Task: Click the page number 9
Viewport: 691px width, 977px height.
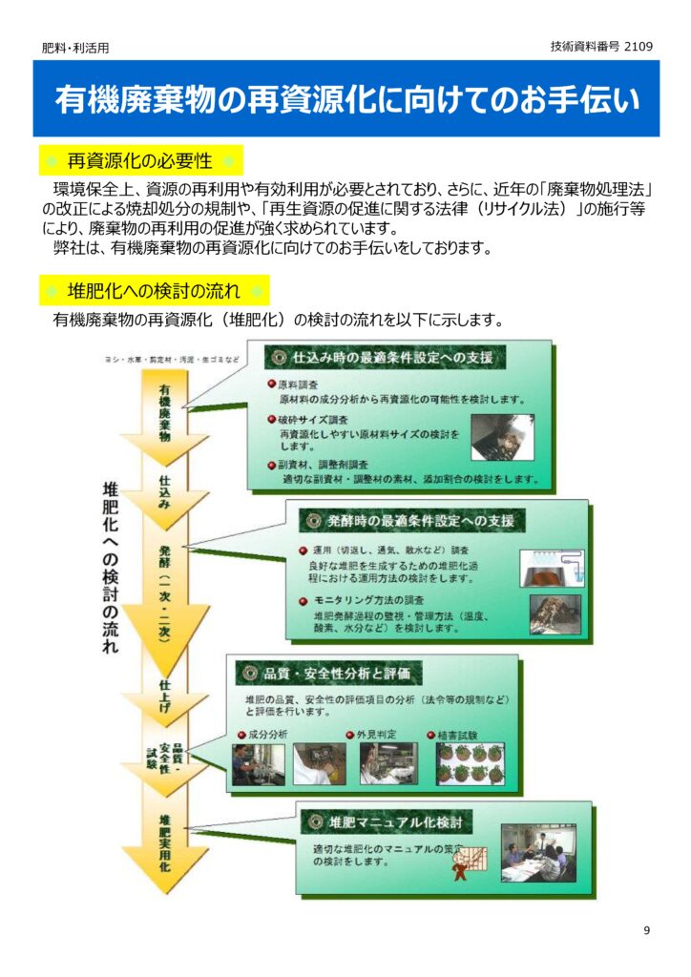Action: (x=646, y=931)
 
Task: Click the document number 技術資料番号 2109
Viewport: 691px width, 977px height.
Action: (x=601, y=46)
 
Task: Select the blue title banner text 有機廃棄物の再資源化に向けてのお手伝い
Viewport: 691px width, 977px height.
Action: (x=345, y=100)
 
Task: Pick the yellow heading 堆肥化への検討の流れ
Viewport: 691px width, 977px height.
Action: (x=154, y=289)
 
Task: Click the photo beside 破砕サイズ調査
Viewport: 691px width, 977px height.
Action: (x=502, y=437)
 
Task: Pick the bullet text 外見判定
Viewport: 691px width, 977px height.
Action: (x=377, y=735)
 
